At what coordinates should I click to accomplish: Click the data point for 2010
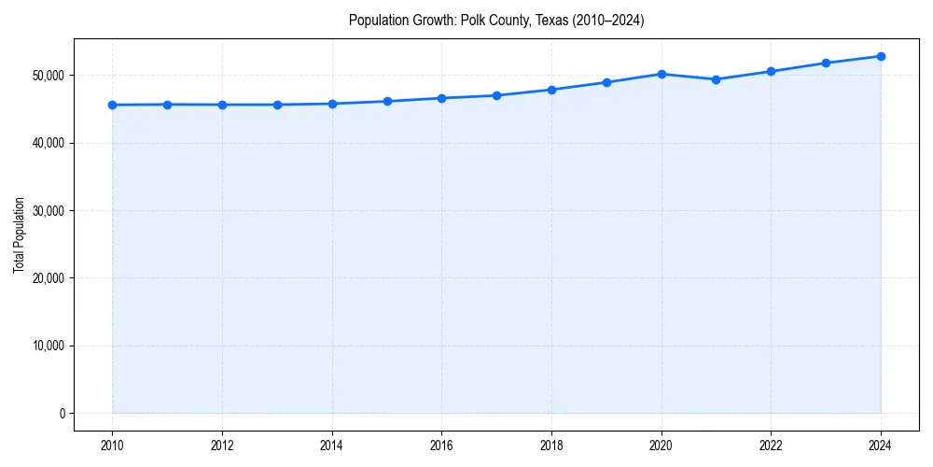point(112,105)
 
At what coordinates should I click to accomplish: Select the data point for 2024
point(881,56)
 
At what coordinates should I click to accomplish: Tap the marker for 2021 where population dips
point(716,79)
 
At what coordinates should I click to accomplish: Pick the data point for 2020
point(661,74)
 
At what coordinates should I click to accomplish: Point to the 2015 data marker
point(387,101)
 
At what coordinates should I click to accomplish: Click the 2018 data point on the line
point(551,90)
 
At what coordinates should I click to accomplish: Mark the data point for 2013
point(277,105)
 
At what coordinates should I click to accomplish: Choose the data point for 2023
point(826,63)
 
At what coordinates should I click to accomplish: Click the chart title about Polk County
point(496,20)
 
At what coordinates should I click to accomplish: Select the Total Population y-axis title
point(19,234)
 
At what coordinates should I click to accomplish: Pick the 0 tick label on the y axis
point(63,413)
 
